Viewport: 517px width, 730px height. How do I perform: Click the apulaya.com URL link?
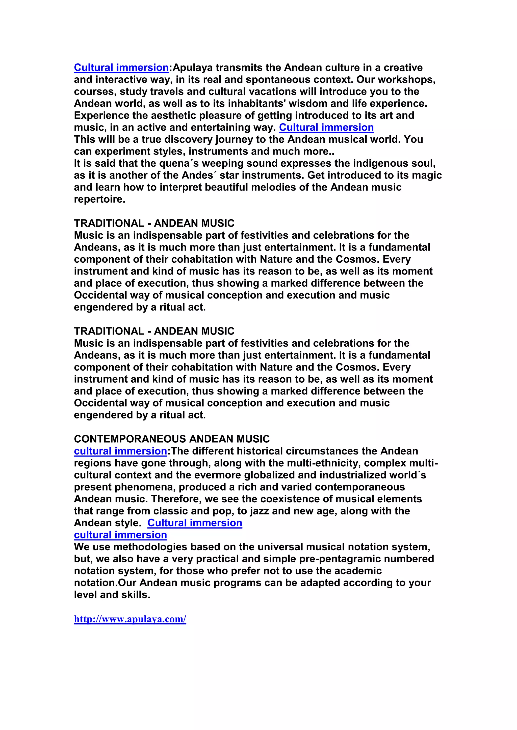pos(130,619)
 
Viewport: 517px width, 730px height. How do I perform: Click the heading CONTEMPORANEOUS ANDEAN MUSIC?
pos(172,439)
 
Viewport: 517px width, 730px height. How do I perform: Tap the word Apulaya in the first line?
pos(192,68)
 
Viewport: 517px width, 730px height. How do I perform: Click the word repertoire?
pos(99,199)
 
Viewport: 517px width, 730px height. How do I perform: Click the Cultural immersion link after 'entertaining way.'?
pos(326,128)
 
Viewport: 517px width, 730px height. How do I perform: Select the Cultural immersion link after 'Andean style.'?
pos(195,523)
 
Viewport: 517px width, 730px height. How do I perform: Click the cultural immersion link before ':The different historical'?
pos(120,451)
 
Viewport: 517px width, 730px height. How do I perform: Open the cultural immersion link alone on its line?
pos(120,535)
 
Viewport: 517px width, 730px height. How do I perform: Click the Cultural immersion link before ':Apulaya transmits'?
pos(121,68)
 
